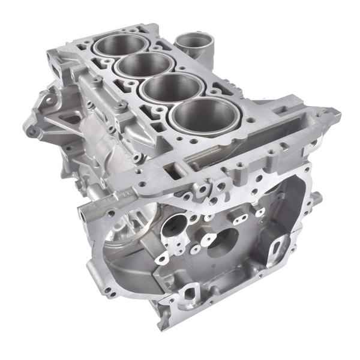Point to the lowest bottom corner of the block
click(161, 328)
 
